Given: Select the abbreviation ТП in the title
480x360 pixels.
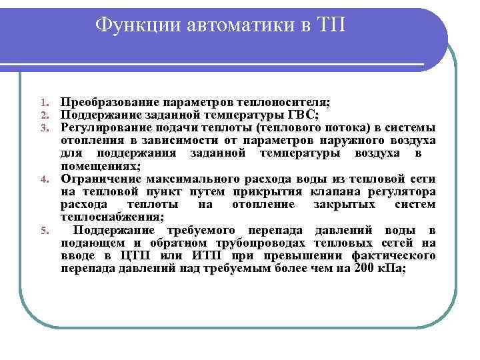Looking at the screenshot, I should pos(329,25).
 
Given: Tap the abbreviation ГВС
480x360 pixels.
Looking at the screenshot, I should pos(303,114).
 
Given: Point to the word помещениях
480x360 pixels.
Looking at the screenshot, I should pos(100,166).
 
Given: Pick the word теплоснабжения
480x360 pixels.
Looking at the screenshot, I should pos(111,217).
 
